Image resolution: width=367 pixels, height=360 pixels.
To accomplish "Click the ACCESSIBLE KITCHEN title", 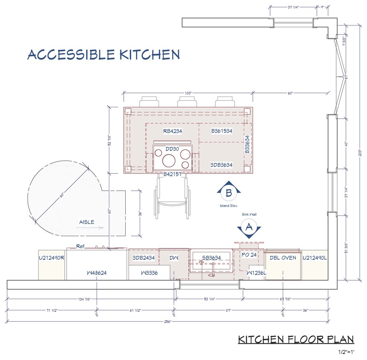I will (104, 55).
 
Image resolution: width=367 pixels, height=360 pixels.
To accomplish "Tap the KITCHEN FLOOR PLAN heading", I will (296, 339).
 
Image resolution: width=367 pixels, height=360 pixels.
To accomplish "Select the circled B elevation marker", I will (229, 192).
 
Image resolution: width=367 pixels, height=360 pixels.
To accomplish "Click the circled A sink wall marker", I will (248, 226).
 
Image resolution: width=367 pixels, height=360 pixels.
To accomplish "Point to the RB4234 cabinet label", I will (172, 131).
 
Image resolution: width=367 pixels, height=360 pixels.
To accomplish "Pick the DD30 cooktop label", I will (172, 149).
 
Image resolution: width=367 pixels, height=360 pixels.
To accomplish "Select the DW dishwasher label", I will (174, 258).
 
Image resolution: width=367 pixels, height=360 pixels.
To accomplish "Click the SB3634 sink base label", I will (211, 258).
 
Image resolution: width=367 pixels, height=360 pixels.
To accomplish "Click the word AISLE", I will (86, 222).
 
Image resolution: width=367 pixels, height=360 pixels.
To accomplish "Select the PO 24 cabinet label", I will (249, 255).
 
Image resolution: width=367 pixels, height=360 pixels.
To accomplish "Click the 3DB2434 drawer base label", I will (143, 258).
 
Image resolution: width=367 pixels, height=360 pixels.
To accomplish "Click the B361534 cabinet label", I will (222, 131).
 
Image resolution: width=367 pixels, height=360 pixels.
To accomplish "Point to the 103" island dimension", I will (189, 93).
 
